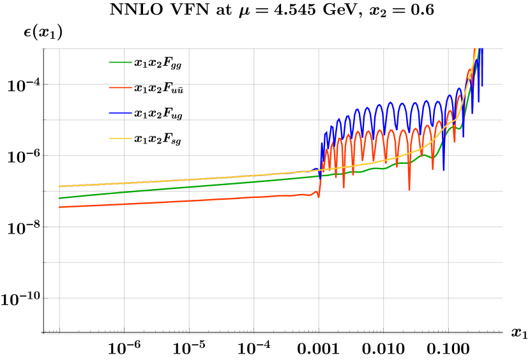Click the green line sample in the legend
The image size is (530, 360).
[x=120, y=63]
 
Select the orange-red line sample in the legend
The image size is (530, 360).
[x=120, y=87]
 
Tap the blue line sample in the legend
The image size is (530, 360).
[x=120, y=113]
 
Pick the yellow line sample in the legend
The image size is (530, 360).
[x=120, y=139]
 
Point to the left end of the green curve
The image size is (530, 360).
[x=60, y=198]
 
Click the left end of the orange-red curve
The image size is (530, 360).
[x=60, y=207]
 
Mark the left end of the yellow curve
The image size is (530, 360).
[x=60, y=186]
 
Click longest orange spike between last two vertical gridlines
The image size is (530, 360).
[x=409, y=190]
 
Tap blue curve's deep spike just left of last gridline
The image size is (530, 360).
[x=444, y=169]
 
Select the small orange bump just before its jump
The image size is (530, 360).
[x=315, y=191]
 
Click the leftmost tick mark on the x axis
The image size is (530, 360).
[x=59, y=331]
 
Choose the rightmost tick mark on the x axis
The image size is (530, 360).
[x=448, y=331]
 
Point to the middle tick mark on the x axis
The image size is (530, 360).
[x=254, y=331]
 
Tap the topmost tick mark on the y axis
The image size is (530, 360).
[x=43, y=49]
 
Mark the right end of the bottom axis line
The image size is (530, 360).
[x=503, y=333]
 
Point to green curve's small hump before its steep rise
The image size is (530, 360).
[x=452, y=126]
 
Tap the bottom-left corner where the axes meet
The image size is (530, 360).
[x=42, y=333]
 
